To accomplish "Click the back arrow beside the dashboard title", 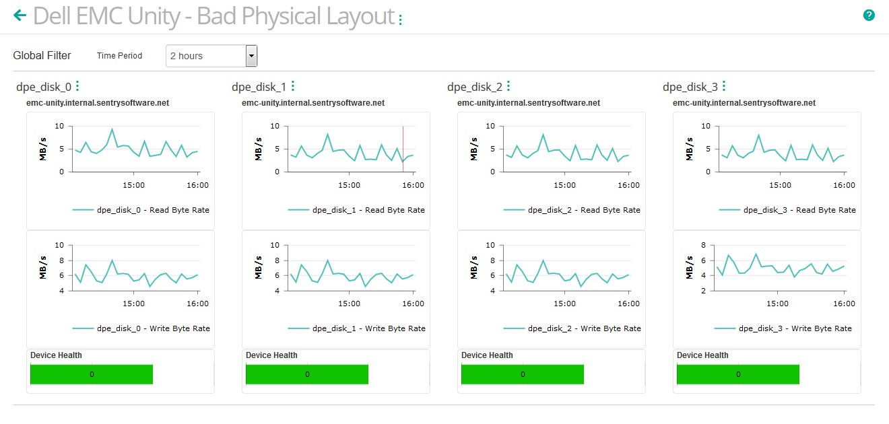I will tap(20, 15).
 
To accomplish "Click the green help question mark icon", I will tap(869, 15).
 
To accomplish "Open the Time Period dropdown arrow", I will tap(251, 56).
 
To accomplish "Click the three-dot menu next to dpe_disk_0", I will tap(77, 86).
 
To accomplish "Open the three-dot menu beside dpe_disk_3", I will tap(724, 86).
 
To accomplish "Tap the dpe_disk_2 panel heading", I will tap(474, 87).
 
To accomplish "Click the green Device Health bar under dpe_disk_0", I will tap(92, 374).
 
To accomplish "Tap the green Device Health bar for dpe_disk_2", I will tap(523, 374).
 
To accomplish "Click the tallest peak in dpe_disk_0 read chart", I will tap(112, 129).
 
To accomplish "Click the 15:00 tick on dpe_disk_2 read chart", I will tap(564, 184).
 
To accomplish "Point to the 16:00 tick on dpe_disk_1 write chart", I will tap(413, 304).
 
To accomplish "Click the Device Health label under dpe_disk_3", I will tap(702, 355).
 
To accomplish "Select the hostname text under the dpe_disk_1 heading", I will tap(313, 103).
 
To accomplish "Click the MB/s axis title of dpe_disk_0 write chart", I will tap(43, 268).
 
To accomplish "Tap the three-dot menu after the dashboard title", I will tap(400, 20).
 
